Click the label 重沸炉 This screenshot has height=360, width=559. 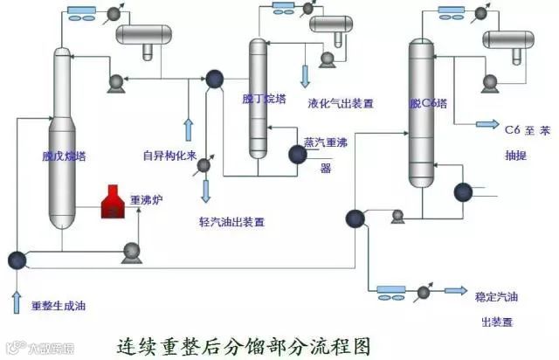coord(147,199)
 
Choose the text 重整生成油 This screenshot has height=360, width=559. coord(59,306)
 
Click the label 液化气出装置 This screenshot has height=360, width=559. coord(341,103)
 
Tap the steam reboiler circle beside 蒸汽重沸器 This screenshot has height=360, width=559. coord(297,155)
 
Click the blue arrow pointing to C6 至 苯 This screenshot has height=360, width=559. coord(486,124)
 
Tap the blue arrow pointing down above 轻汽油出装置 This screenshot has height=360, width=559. coord(206,189)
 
